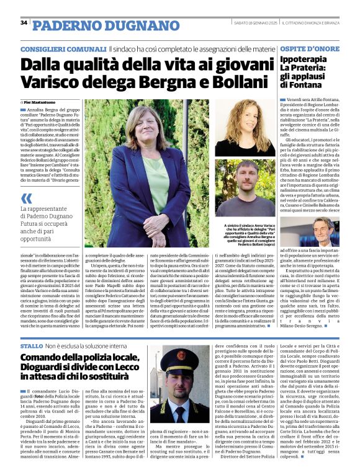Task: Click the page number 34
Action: pyautogui.click(x=24, y=22)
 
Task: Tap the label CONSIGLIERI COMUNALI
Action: pyautogui.click(x=62, y=48)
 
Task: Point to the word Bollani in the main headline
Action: pyautogui.click(x=236, y=81)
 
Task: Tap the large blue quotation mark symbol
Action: pyautogui.click(x=27, y=198)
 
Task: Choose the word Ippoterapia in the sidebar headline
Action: pyautogui.click(x=302, y=60)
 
